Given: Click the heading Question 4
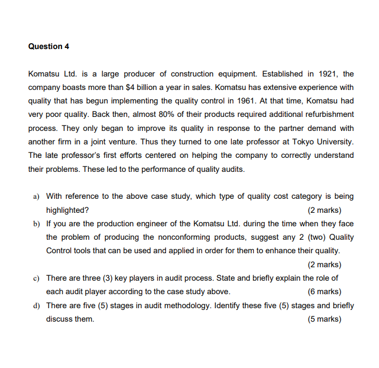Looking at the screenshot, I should pyautogui.click(x=49, y=46).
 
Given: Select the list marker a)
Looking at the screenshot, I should pyautogui.click(x=37, y=197).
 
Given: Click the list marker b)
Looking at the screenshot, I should pyautogui.click(x=37, y=224).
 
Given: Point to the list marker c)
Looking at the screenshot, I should pyautogui.click(x=37, y=278).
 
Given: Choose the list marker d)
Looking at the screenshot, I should pyautogui.click(x=37, y=305).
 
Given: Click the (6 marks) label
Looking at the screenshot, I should pyautogui.click(x=324, y=292).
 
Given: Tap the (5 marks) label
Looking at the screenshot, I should pyautogui.click(x=324, y=319).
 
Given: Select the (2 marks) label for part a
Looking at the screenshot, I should pyautogui.click(x=324, y=210).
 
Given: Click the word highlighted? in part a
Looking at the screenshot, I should pyautogui.click(x=68, y=210).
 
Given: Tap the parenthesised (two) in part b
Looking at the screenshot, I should pyautogui.click(x=316, y=237).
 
